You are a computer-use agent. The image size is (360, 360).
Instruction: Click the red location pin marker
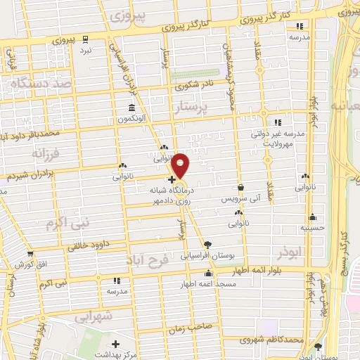(181, 165)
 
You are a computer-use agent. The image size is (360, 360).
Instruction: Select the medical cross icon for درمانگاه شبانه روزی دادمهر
(172, 190)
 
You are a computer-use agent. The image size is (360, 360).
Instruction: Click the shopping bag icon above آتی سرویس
(241, 188)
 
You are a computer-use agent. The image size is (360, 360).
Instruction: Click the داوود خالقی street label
(91, 245)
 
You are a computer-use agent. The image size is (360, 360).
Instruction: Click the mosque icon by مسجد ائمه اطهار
(207, 274)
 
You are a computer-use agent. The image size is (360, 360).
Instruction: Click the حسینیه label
(311, 227)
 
